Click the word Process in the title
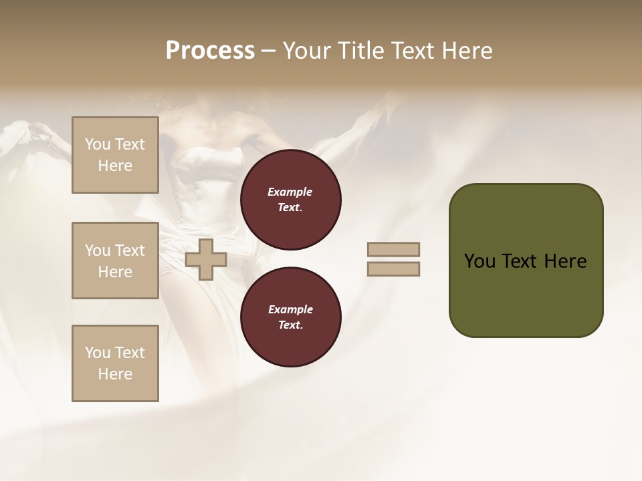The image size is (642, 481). (x=210, y=51)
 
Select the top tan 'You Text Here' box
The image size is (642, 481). (x=115, y=155)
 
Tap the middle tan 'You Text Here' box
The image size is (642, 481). (x=115, y=261)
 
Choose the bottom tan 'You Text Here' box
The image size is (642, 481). (x=115, y=363)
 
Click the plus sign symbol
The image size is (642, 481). (x=206, y=260)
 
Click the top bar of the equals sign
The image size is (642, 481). (x=394, y=249)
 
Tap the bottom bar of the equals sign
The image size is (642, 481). (x=394, y=269)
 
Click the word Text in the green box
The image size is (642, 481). (x=518, y=261)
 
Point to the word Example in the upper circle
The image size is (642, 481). (x=290, y=192)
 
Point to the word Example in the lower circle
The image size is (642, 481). (x=290, y=309)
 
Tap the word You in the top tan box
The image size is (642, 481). (x=98, y=144)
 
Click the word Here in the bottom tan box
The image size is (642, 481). (x=115, y=374)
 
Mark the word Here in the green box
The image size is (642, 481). (x=565, y=261)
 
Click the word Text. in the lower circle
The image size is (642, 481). (x=290, y=325)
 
